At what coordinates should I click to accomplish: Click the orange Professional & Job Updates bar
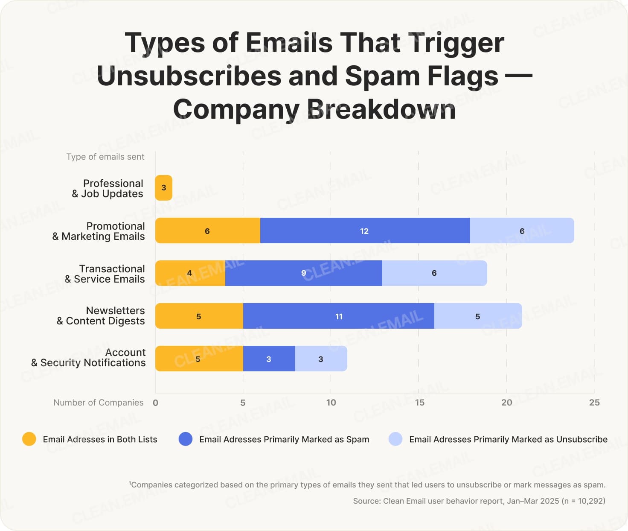click(164, 188)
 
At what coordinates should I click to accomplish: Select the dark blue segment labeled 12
click(365, 230)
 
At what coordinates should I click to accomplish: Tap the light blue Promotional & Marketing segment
click(522, 230)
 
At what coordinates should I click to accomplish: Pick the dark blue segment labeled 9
click(303, 273)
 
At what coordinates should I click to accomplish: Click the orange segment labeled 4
click(190, 273)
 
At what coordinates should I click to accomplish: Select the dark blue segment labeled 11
click(338, 316)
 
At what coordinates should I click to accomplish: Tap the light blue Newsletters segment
click(478, 316)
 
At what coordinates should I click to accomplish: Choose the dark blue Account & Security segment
click(269, 359)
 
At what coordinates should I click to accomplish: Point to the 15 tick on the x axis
click(419, 403)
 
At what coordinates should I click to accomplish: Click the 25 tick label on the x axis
click(594, 403)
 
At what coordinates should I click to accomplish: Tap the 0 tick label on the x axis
click(155, 403)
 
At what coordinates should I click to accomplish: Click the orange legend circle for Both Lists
click(29, 439)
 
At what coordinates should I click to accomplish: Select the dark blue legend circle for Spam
click(186, 439)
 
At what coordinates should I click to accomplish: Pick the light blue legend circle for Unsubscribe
click(395, 439)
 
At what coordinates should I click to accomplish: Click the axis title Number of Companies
click(98, 403)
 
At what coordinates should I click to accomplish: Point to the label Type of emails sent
click(105, 157)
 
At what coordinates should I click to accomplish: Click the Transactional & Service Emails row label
click(105, 274)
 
